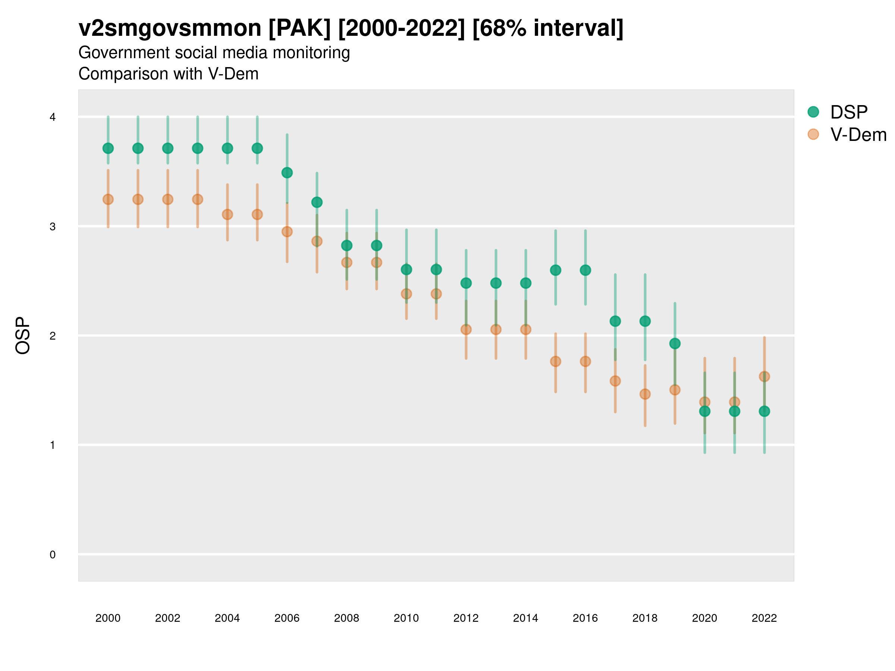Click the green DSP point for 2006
coord(287,173)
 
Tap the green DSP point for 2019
coord(675,344)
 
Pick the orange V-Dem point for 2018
coord(645,394)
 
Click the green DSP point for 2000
coord(108,148)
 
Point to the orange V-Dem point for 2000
coord(108,199)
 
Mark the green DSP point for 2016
coord(585,270)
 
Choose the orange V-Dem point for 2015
coord(556,361)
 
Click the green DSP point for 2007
coord(317,202)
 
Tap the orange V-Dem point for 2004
coord(227,214)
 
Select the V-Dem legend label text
coord(858,135)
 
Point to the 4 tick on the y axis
coord(53,117)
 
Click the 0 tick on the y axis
coord(53,555)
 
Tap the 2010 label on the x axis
coord(406,618)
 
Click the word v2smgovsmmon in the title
coord(170,28)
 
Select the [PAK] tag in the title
coord(299,28)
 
